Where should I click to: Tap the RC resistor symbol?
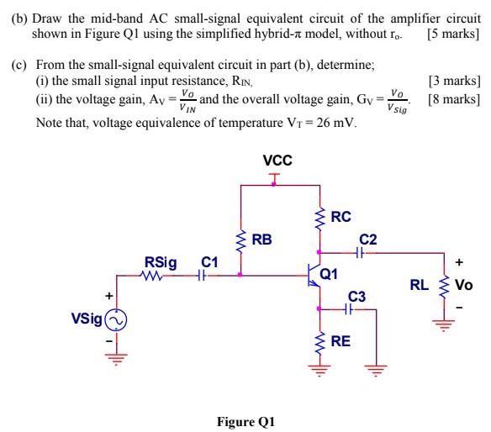click(x=319, y=218)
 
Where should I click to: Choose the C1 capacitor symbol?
click(x=203, y=274)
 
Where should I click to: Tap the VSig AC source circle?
click(x=115, y=319)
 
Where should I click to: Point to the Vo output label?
click(x=463, y=285)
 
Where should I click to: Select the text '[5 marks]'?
click(x=453, y=35)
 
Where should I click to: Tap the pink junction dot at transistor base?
click(x=240, y=274)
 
